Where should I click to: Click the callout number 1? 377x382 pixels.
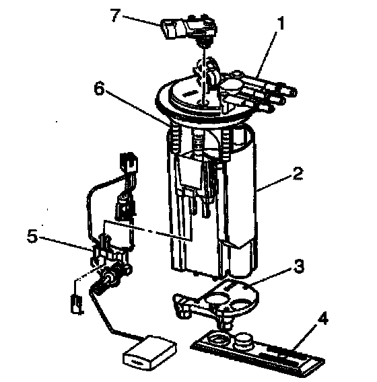(281, 24)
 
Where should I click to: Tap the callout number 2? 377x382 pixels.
(298, 174)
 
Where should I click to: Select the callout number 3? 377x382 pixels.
(299, 266)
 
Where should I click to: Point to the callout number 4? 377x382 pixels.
(322, 317)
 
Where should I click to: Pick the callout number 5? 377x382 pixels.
(32, 236)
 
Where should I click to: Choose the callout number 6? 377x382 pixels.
(100, 88)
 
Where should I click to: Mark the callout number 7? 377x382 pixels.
(115, 15)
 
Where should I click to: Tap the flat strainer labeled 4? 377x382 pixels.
(257, 351)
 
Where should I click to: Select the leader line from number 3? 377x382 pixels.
(271, 276)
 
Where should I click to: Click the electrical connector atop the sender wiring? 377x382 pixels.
(129, 161)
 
